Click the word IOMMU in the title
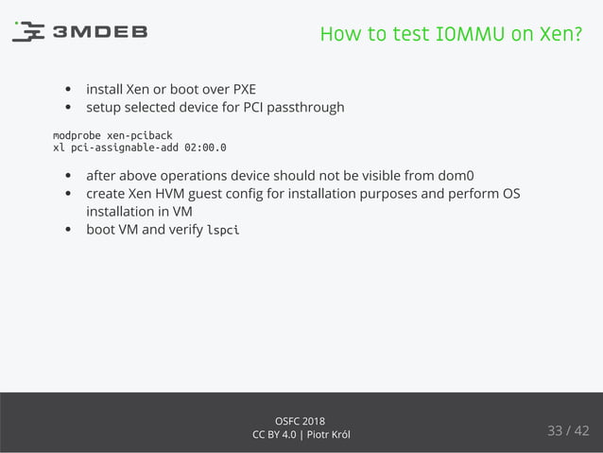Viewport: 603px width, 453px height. (x=460, y=35)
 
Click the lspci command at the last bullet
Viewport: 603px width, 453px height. (x=222, y=230)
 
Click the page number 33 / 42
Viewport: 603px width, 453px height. (x=567, y=431)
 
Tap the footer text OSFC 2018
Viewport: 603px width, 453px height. (x=301, y=420)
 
